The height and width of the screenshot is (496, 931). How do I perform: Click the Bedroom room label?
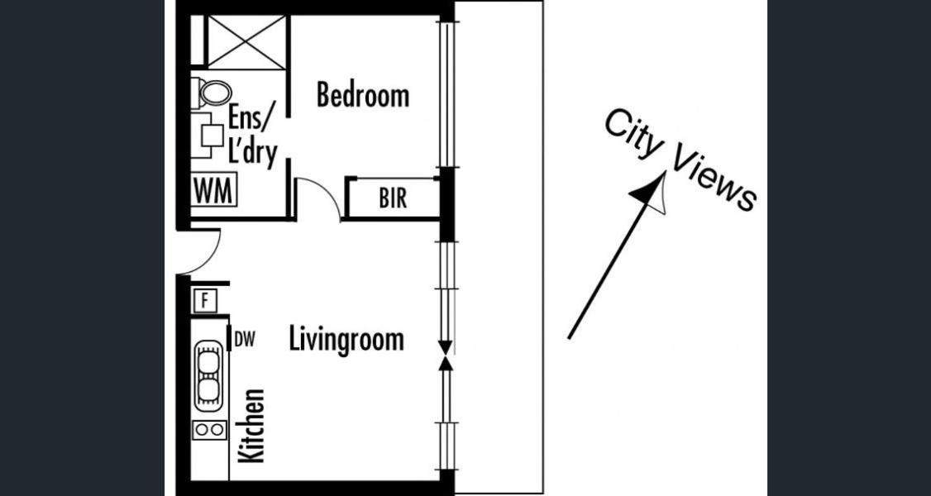(x=363, y=95)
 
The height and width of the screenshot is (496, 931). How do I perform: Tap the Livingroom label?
(x=346, y=340)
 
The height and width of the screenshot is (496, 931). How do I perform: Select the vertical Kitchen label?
(x=251, y=426)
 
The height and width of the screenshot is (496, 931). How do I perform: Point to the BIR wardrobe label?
(x=393, y=198)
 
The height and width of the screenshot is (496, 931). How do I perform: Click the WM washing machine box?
(x=214, y=190)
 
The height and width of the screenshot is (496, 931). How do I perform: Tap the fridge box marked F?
(x=205, y=300)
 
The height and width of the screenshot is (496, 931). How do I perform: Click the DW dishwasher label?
(x=245, y=340)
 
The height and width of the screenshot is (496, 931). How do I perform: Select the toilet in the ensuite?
(x=212, y=93)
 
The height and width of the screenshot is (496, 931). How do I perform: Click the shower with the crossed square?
(x=246, y=41)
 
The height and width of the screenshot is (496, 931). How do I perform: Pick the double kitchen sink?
(x=208, y=376)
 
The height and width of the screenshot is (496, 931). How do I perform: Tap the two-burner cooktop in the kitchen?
(x=209, y=430)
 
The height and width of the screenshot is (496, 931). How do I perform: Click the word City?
(x=634, y=134)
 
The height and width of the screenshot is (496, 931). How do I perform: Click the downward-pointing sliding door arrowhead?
(x=445, y=348)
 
